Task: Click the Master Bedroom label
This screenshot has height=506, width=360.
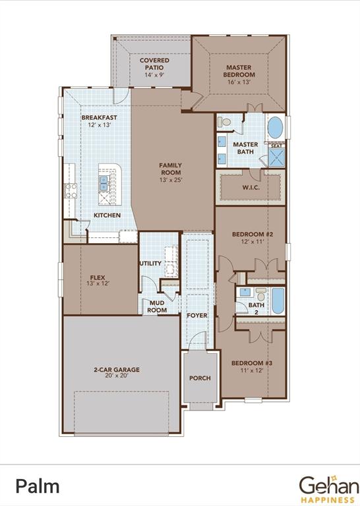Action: click(239, 71)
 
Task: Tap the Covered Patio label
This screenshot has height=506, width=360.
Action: click(154, 64)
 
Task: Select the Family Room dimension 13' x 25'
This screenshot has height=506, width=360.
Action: click(170, 180)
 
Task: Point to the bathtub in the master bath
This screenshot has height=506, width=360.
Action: click(275, 127)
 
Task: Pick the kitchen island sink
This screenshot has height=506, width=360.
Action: click(104, 182)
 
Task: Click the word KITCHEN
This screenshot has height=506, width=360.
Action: click(107, 215)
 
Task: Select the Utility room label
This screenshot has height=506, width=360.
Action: click(150, 264)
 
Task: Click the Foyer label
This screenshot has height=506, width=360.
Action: click(196, 316)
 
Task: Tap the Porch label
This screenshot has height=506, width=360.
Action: click(200, 378)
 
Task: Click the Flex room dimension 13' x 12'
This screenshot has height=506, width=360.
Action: click(98, 283)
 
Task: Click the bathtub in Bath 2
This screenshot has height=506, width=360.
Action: click(278, 302)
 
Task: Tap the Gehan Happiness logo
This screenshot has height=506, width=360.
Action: click(328, 487)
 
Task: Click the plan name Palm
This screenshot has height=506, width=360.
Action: click(38, 487)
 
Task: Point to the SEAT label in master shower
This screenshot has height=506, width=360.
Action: click(277, 146)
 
